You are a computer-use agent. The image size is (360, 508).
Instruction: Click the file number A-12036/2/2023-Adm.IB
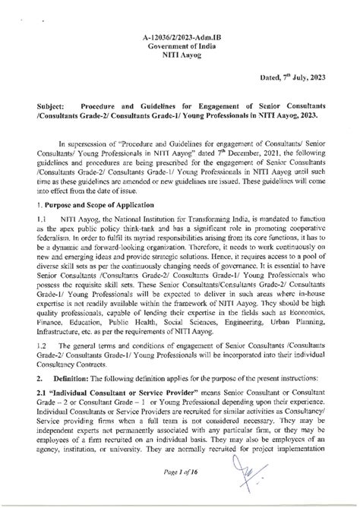tap(180, 36)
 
